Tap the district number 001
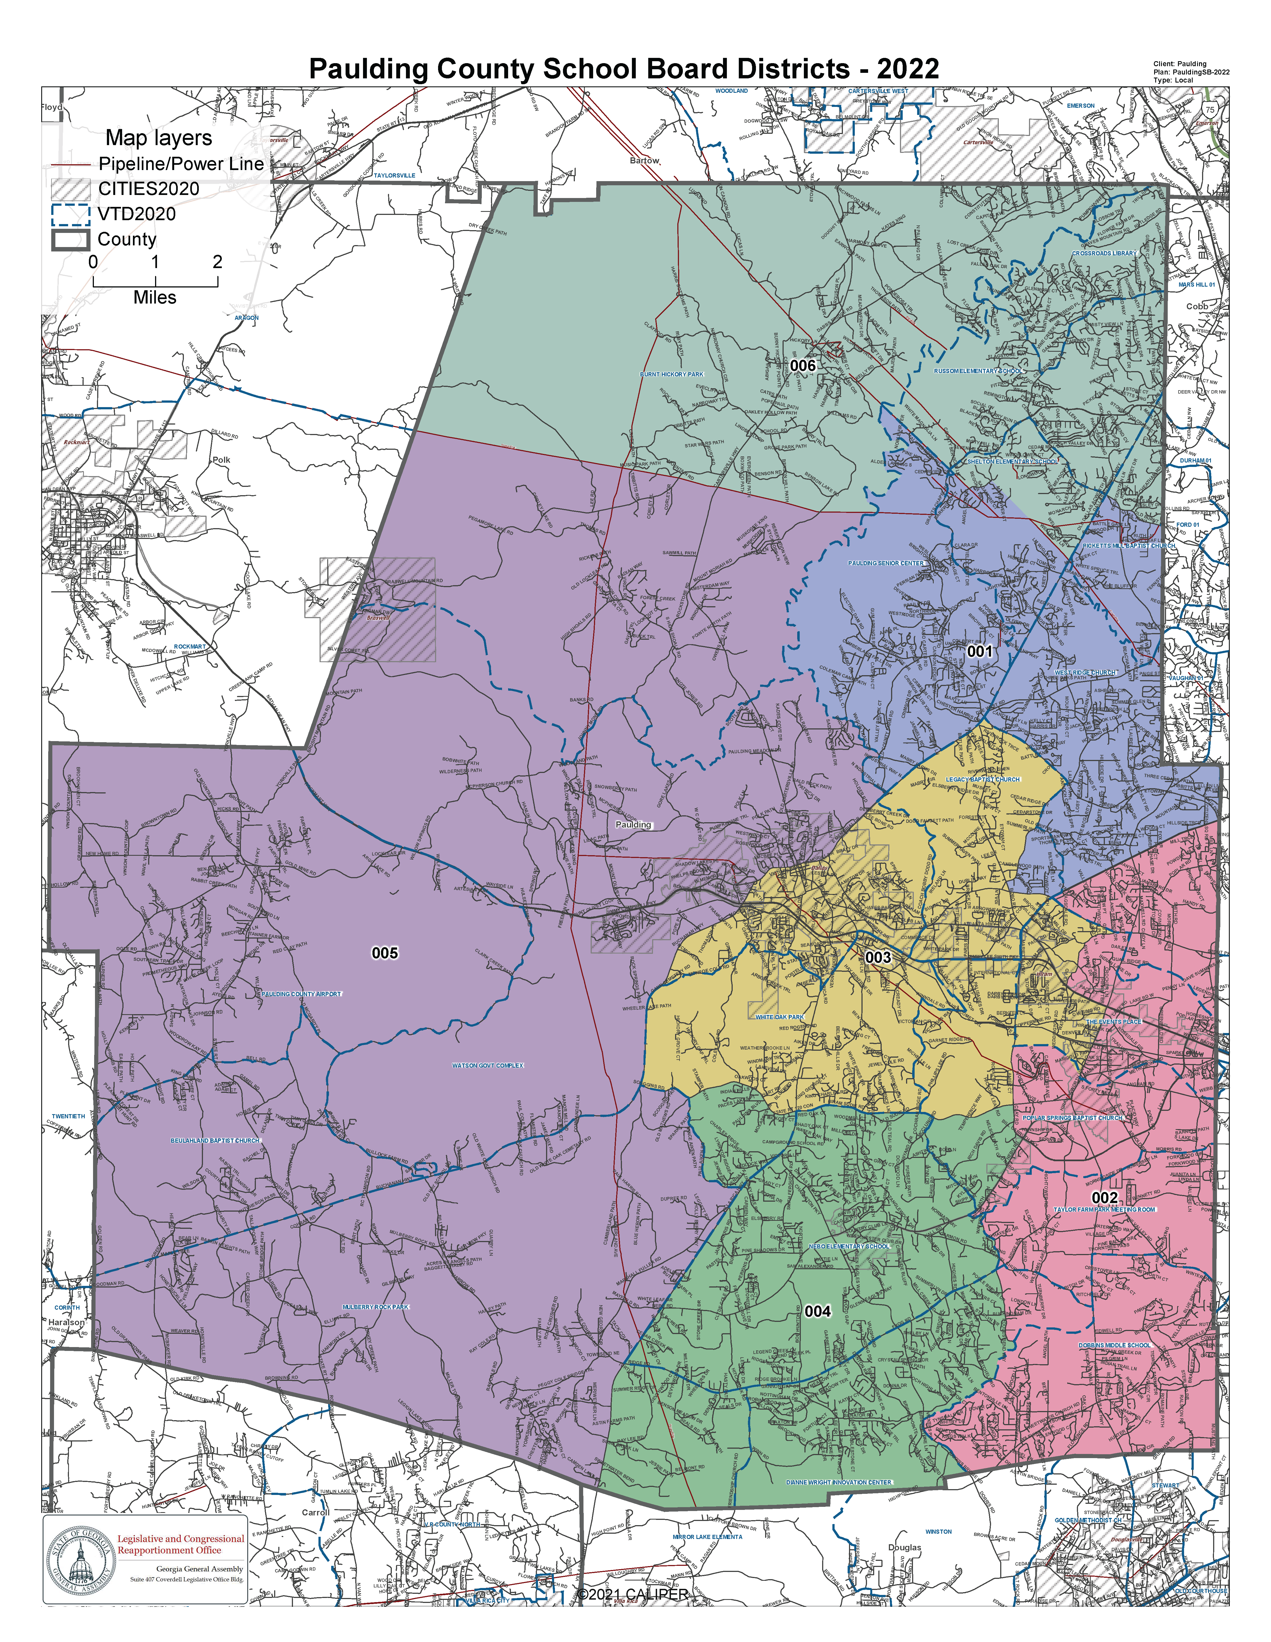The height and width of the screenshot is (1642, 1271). pos(979,651)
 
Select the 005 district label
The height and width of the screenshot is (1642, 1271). pos(385,953)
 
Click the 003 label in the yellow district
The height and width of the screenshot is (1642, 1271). pos(878,957)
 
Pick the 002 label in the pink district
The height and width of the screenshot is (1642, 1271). pos(1104,1198)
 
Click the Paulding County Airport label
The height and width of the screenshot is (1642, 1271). pos(301,994)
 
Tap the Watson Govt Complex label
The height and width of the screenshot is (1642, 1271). pos(488,1065)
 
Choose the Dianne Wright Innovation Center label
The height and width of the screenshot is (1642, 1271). pos(839,1482)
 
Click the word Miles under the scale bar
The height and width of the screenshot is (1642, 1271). pos(155,298)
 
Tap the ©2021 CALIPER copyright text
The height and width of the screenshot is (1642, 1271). pos(632,1594)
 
